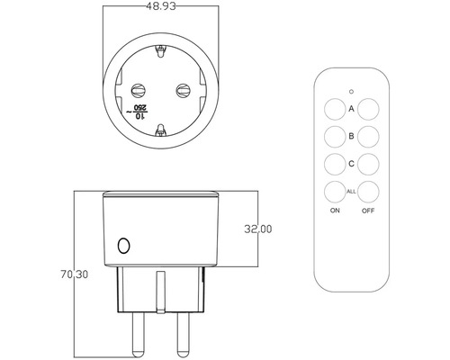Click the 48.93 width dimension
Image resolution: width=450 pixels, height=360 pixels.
click(161, 6)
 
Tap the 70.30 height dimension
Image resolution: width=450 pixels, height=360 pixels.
click(75, 274)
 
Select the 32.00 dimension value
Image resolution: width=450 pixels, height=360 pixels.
click(258, 229)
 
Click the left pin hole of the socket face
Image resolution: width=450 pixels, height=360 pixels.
click(138, 90)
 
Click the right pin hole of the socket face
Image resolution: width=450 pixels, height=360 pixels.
click(183, 90)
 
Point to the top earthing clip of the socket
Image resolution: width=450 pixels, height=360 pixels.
click(160, 51)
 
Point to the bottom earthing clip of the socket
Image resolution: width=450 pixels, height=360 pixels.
click(161, 130)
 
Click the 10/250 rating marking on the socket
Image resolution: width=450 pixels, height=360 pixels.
click(137, 112)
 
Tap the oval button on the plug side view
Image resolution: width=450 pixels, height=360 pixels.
click(123, 246)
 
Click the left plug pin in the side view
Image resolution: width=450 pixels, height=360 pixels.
click(139, 335)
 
